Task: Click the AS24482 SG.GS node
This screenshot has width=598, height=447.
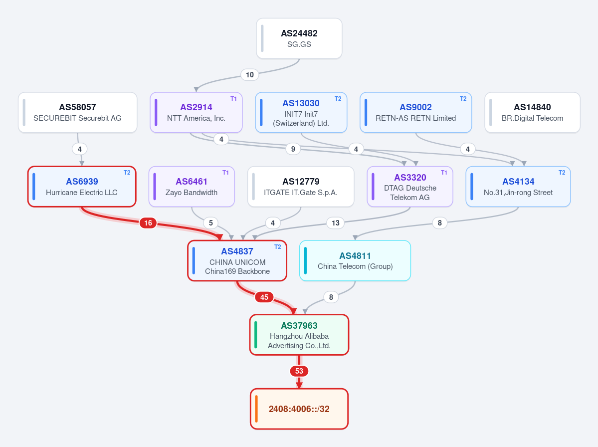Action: [299, 38]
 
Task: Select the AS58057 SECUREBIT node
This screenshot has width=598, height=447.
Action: [77, 113]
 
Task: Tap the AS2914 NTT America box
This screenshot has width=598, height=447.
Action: [196, 113]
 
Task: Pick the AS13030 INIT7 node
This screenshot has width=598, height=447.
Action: [301, 113]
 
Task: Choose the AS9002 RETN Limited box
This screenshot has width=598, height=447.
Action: [415, 113]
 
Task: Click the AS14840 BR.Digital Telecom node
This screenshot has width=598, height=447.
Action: [532, 113]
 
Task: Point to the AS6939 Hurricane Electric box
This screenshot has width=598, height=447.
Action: [82, 187]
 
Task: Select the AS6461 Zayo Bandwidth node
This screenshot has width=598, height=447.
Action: [192, 187]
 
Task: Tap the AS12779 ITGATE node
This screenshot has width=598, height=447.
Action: [301, 187]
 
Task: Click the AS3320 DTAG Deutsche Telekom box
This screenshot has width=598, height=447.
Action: [410, 187]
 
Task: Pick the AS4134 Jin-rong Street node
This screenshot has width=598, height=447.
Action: [518, 187]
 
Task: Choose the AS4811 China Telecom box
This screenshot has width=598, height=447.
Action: [355, 260]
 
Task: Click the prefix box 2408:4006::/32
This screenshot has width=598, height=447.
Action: [299, 409]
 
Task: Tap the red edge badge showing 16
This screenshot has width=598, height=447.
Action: [148, 223]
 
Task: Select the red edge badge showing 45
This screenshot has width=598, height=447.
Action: [264, 297]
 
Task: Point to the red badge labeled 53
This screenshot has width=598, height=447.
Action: [299, 371]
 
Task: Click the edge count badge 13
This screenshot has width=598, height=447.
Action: [335, 223]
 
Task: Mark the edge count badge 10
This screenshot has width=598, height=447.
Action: [250, 74]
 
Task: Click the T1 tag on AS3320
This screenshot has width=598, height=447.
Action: [444, 173]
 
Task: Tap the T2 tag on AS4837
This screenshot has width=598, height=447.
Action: [278, 247]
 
